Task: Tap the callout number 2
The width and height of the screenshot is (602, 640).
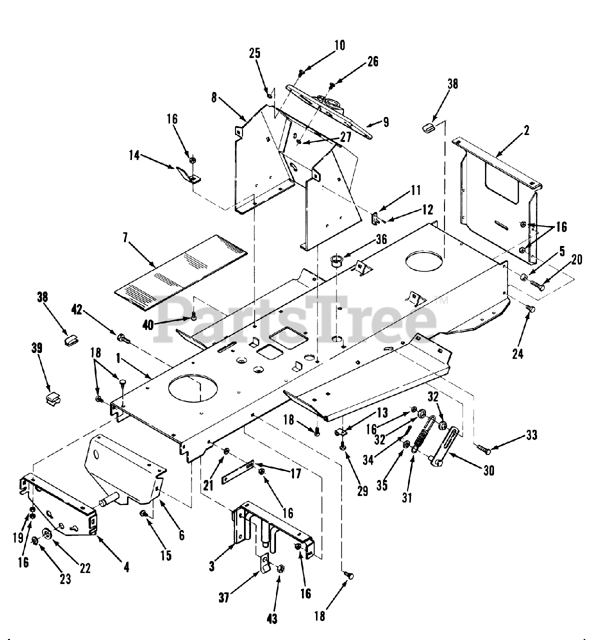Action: click(526, 131)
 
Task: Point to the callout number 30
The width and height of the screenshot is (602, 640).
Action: click(488, 471)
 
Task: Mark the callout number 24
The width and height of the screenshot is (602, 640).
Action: click(517, 354)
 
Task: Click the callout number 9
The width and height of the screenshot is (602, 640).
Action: click(385, 122)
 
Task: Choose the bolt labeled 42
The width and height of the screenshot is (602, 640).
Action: click(123, 339)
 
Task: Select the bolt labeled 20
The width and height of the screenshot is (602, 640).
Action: click(535, 286)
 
